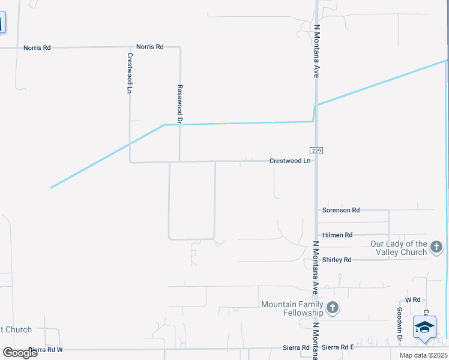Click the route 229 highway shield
pyautogui.click(x=316, y=150)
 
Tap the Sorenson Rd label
pyautogui.click(x=341, y=210)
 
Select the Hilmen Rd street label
pyautogui.click(x=337, y=235)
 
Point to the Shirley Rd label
pyautogui.click(x=337, y=260)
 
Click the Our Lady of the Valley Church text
pyautogui.click(x=399, y=248)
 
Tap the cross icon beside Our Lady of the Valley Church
pyautogui.click(x=436, y=247)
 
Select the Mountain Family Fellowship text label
pyautogui.click(x=292, y=308)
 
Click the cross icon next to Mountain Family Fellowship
pyautogui.click(x=333, y=308)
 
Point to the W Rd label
pyautogui.click(x=412, y=299)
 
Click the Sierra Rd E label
pyautogui.click(x=338, y=347)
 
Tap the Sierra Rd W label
pyautogui.click(x=46, y=349)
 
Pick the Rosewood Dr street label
pyautogui.click(x=179, y=100)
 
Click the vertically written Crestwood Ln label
pyautogui.click(x=129, y=73)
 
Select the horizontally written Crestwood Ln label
pyautogui.click(x=290, y=161)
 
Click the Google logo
pyautogui.click(x=20, y=353)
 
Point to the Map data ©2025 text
pyautogui.click(x=424, y=355)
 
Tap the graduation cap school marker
pyautogui.click(x=424, y=328)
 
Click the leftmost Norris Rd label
pyautogui.click(x=37, y=47)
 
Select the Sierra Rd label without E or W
pyautogui.click(x=297, y=347)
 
